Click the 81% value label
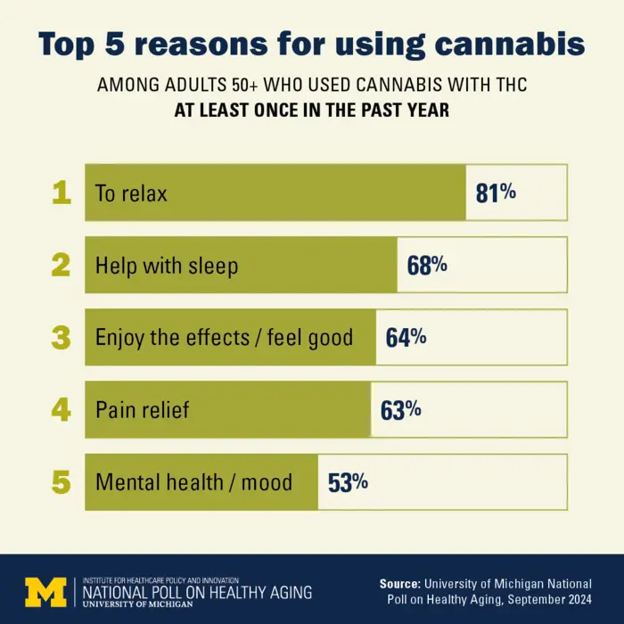click(496, 193)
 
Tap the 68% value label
click(427, 266)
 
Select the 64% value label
click(406, 338)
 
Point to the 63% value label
click(400, 410)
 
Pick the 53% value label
click(348, 482)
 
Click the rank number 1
click(61, 193)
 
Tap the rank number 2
click(61, 266)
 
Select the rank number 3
click(61, 338)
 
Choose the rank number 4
click(61, 410)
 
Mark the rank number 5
click(61, 482)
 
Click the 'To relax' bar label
click(131, 193)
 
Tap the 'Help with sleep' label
click(167, 266)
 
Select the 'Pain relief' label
click(142, 410)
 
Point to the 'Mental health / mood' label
click(193, 482)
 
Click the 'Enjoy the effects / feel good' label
click(224, 338)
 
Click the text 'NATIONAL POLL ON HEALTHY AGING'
click(197, 591)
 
